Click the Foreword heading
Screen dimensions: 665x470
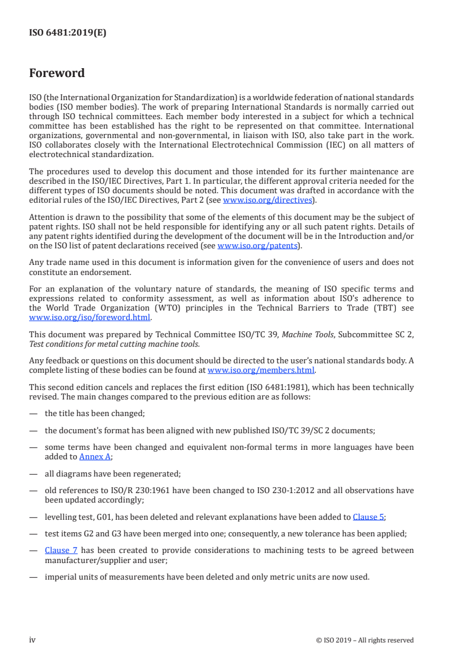57,73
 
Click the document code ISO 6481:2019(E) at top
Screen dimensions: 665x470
68,33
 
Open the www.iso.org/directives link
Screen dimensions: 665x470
267,200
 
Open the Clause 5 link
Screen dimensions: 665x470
368,517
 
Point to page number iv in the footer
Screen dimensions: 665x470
33,640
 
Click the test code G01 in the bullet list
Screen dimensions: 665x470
100,517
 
